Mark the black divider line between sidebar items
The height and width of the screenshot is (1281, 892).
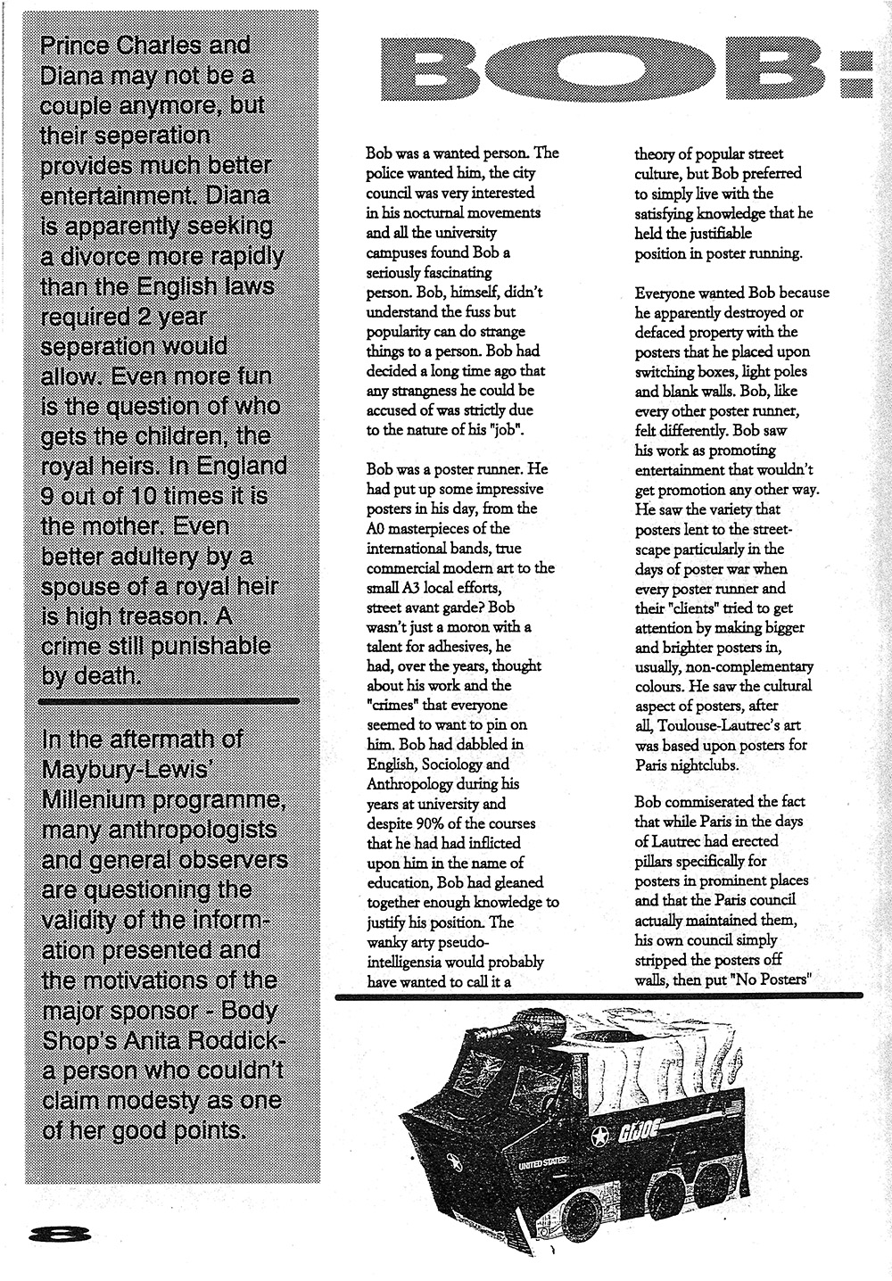(x=169, y=701)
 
